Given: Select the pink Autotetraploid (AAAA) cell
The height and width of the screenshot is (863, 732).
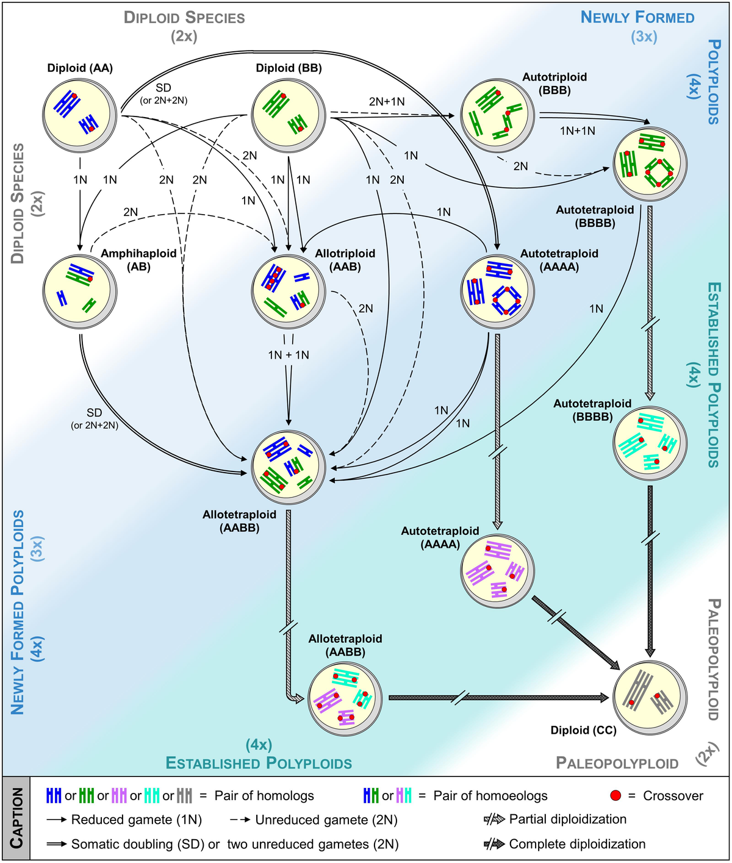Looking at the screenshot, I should [x=497, y=570].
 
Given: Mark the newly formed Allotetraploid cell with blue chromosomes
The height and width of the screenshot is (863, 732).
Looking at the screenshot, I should [x=288, y=467].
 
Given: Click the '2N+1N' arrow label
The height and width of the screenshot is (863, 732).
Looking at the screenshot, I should [x=387, y=101].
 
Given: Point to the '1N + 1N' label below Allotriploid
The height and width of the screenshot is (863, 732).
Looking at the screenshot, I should [x=289, y=355].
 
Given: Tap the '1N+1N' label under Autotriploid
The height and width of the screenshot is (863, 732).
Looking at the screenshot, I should [x=577, y=131].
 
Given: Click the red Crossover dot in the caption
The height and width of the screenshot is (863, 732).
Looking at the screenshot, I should [x=615, y=796].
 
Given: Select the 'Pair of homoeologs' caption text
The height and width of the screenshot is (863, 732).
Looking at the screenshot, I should [x=490, y=796].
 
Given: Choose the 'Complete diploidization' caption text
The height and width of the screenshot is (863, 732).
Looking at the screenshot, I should [x=577, y=844].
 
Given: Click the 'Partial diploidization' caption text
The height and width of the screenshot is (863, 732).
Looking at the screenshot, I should [x=567, y=819].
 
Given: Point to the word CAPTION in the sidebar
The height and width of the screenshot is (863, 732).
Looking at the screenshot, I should [x=16, y=818].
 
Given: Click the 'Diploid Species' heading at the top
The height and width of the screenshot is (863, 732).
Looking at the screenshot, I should [x=184, y=17].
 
